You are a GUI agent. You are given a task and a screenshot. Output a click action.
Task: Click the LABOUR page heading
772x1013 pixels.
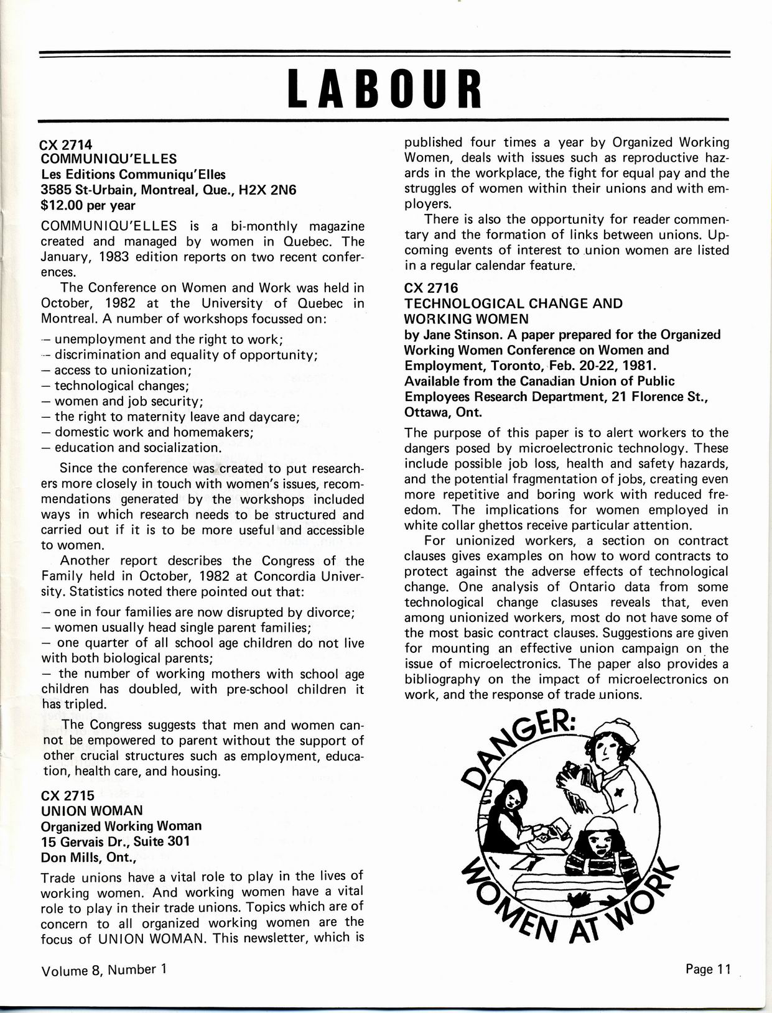click(x=386, y=88)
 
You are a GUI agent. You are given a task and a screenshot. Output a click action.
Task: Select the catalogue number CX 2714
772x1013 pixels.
click(x=66, y=144)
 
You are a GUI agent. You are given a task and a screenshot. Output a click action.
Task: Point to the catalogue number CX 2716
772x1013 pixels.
click(x=430, y=287)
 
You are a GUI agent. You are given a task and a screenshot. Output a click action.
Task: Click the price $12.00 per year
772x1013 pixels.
click(x=88, y=205)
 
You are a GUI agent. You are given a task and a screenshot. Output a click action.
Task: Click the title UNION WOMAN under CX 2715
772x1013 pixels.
click(x=91, y=811)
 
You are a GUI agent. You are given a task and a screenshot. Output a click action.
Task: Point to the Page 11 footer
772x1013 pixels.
click(x=707, y=969)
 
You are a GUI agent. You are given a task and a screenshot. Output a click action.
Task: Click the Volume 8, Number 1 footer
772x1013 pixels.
click(x=104, y=969)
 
